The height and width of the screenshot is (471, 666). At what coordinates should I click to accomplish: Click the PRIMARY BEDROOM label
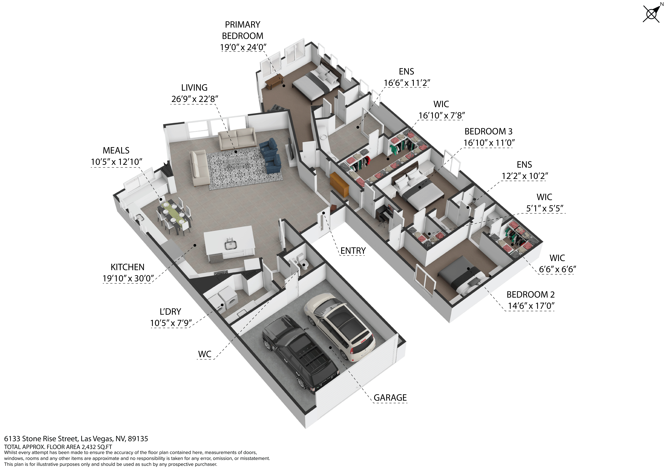(x=243, y=30)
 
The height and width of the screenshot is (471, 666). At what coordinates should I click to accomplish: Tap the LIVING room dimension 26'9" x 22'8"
(x=194, y=99)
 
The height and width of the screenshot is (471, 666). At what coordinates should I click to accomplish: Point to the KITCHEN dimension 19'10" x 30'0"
(x=128, y=278)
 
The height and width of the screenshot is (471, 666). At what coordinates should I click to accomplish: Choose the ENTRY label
(x=353, y=251)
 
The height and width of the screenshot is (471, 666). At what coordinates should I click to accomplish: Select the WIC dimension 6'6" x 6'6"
(x=557, y=269)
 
